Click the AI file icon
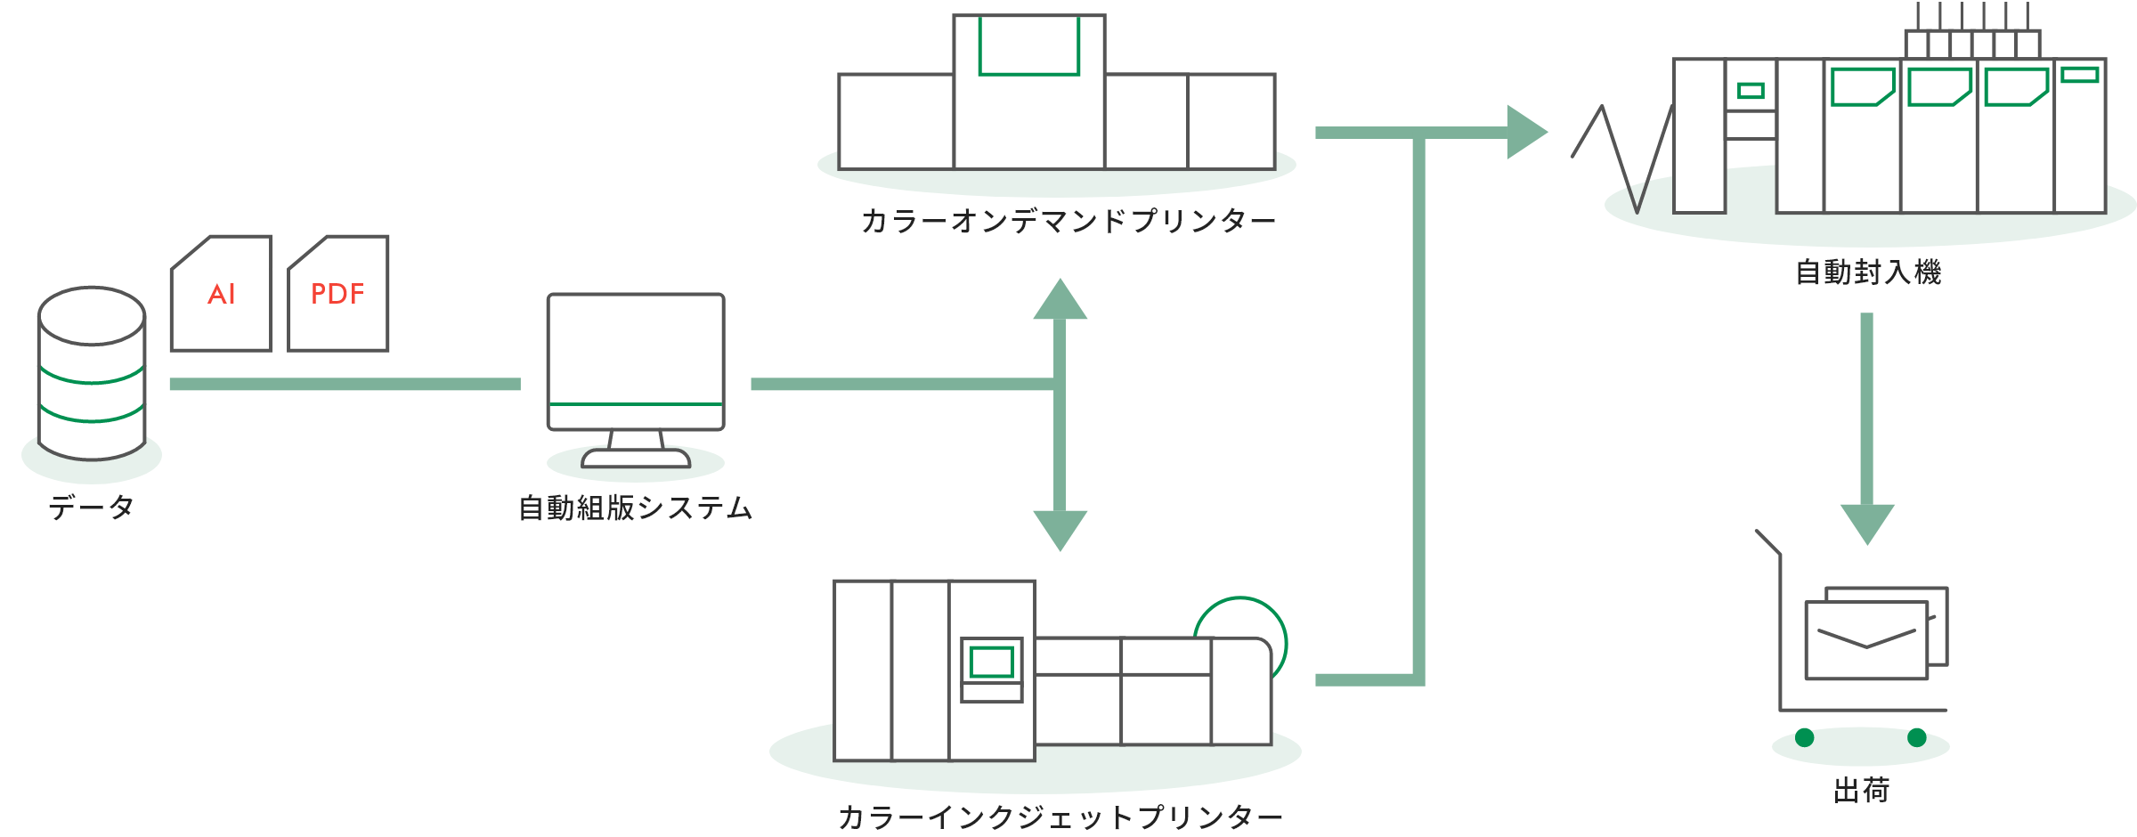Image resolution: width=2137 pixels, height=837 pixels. pos(222,294)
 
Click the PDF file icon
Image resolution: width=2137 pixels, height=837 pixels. pos(338,294)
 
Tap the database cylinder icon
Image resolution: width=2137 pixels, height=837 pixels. pos(92,374)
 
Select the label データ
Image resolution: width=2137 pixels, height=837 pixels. pos(92,508)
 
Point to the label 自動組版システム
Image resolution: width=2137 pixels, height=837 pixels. pos(636,508)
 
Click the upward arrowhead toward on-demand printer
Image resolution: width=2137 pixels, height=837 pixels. pos(1060,301)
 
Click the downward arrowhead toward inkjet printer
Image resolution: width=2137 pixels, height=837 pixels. pos(1060,529)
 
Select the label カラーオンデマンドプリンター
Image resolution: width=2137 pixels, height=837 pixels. pos(1068,221)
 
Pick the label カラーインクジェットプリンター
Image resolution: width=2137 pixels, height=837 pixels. pos(1060,817)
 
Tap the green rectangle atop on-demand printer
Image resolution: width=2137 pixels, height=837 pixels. pos(1028,46)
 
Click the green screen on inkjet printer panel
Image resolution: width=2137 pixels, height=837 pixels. pos(991,662)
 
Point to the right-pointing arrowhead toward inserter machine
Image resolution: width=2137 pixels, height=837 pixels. pos(1525,133)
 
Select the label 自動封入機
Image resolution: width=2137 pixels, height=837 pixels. pos(1868,272)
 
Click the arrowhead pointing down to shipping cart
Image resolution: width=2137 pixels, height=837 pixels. pos(1867,523)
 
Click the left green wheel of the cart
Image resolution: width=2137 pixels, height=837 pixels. pos(1805,737)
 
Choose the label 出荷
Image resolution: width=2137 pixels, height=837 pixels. pos(1861,790)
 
